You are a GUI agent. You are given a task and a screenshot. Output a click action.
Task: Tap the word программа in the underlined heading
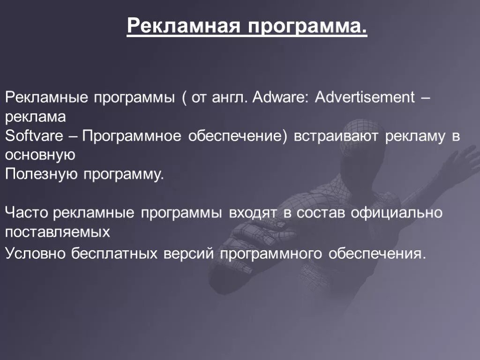(307, 26)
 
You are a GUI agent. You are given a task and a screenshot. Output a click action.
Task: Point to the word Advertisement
(365, 97)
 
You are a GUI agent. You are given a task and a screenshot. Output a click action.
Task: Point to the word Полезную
(42, 174)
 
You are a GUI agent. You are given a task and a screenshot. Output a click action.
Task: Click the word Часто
(27, 213)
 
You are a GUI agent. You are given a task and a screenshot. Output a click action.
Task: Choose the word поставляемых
(58, 232)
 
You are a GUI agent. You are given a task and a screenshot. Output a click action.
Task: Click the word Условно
(36, 253)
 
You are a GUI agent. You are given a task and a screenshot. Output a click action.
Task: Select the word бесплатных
(114, 253)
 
